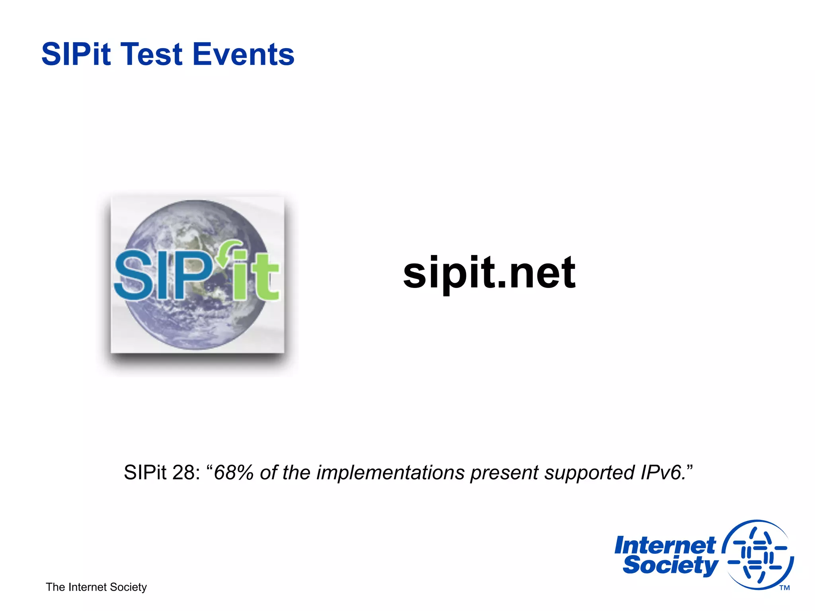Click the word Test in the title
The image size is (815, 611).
pyautogui.click(x=152, y=54)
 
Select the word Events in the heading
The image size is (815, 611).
pyautogui.click(x=243, y=54)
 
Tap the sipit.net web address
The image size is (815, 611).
pyautogui.click(x=489, y=274)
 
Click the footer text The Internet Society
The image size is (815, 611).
pyautogui.click(x=96, y=587)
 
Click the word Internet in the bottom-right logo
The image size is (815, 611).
pyautogui.click(x=665, y=545)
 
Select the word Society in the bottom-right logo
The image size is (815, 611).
pyautogui.click(x=670, y=566)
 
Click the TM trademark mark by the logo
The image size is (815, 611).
pyautogui.click(x=784, y=588)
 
